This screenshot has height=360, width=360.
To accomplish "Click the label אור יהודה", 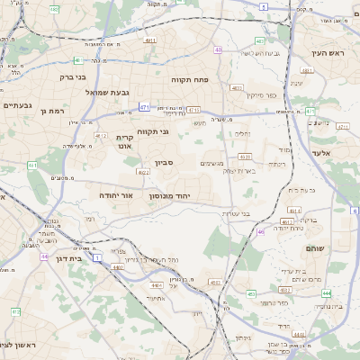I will coord(114,194).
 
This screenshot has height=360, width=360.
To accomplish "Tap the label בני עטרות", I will coord(262,212).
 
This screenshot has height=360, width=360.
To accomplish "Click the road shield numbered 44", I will coord(44,256).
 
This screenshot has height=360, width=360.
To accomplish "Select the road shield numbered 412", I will coord(15,311).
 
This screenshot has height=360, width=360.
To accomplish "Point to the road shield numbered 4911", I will coord(150,40).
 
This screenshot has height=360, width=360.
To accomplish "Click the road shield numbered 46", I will coord(261,231).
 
